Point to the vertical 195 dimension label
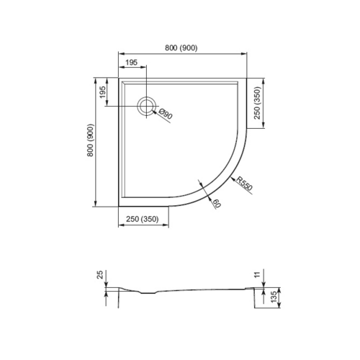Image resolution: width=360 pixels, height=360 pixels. (103, 92)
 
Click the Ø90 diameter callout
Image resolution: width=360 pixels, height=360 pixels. (165, 114)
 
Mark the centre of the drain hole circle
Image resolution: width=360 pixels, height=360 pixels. (147, 105)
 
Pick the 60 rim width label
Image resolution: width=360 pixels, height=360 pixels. (216, 203)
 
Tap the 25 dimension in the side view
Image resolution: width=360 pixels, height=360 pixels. (101, 276)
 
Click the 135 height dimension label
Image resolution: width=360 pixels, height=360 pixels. (274, 296)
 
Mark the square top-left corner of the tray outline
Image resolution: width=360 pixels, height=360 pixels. (118, 78)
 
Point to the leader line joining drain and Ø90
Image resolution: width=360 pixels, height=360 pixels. (161, 115)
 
